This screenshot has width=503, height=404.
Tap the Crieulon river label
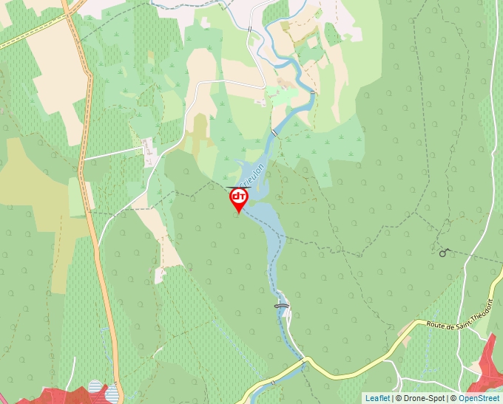pyautogui.click(x=251, y=177)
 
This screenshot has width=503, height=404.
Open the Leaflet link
pyautogui.click(x=377, y=398)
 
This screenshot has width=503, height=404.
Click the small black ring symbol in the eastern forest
pyautogui.click(x=443, y=253)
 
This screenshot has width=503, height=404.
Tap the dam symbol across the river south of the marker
pyautogui.click(x=281, y=304)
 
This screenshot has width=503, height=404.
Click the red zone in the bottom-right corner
pyautogui.click(x=487, y=366)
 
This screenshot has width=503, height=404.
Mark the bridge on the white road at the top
pyautogui.click(x=250, y=29)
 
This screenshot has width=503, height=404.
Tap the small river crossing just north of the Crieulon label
pyautogui.click(x=274, y=133)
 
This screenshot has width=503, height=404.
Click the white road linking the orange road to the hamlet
pyautogui.click(x=111, y=155)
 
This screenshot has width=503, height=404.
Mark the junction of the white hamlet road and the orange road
pyautogui.click(x=84, y=159)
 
